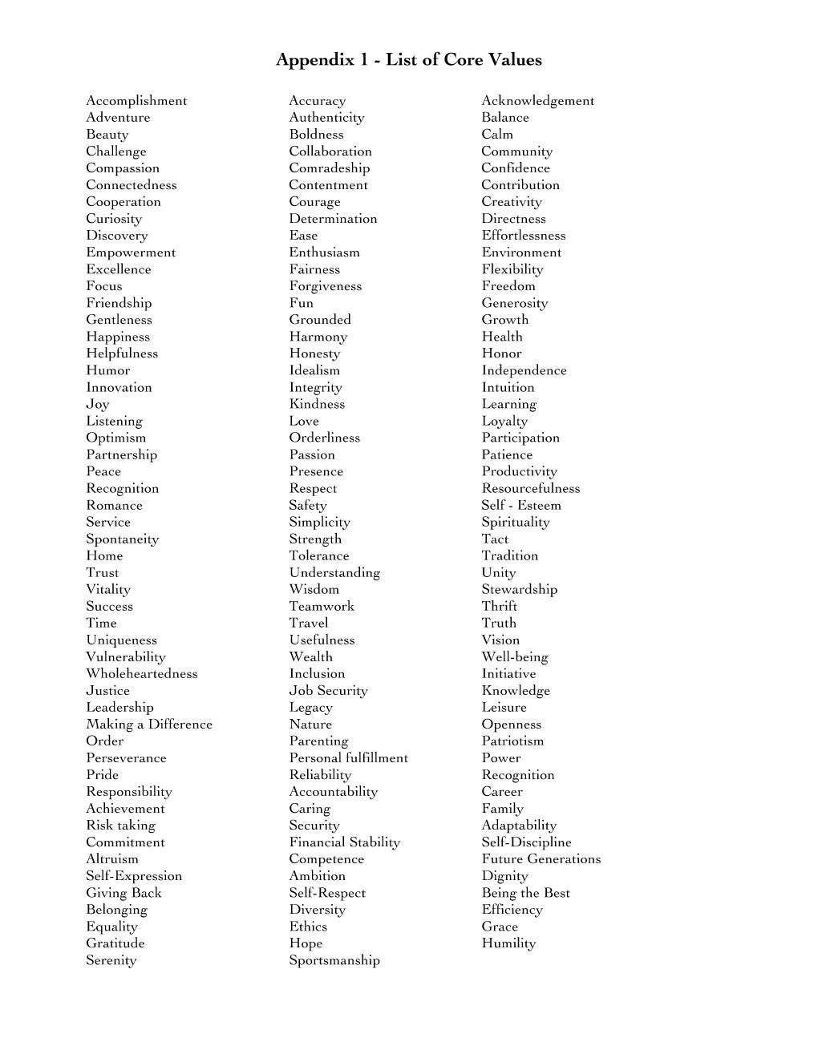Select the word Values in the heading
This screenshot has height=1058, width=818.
coord(515,60)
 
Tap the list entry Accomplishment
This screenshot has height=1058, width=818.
coord(136,101)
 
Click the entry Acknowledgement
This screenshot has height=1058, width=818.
coord(537,101)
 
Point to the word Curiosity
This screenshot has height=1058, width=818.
coord(114,219)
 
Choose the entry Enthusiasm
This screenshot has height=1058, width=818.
coord(324,252)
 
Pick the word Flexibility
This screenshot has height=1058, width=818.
coord(512,269)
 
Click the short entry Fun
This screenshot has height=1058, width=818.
coord(301,303)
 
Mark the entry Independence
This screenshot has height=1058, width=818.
coord(524,370)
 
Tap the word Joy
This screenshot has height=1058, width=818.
coord(98,404)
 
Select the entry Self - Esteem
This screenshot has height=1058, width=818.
coord(521,505)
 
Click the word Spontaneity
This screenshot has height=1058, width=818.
coord(122,539)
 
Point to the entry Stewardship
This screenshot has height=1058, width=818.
coord(519,589)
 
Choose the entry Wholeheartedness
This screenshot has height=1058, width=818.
coord(141,673)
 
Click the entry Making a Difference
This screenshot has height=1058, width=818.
coord(149,724)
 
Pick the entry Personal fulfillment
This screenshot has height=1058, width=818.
coord(348,757)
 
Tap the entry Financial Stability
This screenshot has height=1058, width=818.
coord(344,842)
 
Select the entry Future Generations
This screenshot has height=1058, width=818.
coord(541,858)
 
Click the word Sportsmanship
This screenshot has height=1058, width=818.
coord(334,960)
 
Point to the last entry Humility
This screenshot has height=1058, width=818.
coord(508,943)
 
